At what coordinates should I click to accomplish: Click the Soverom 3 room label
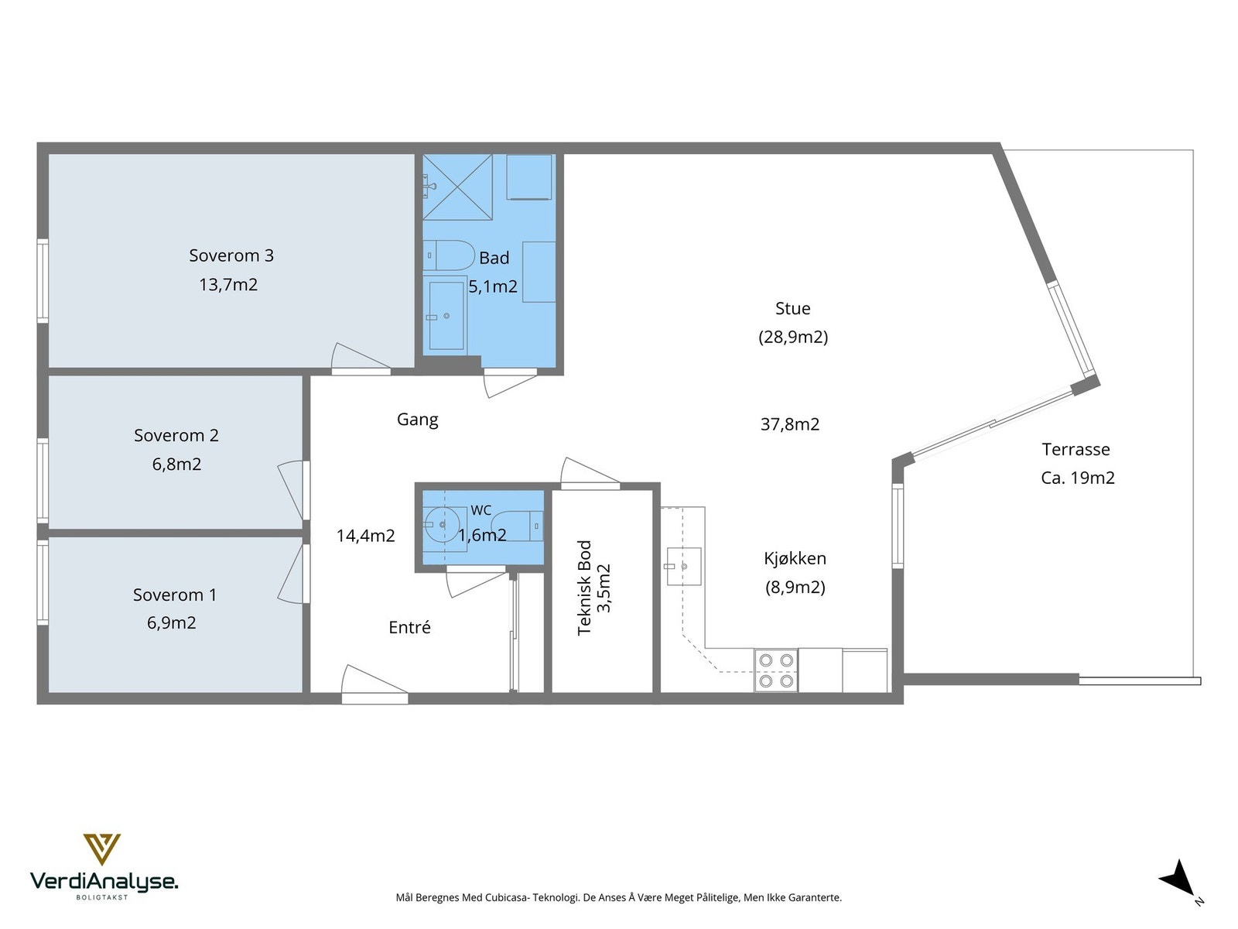(231, 255)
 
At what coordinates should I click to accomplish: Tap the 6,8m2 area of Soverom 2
(176, 464)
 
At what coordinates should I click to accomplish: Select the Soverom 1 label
(175, 595)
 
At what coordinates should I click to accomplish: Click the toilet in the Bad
(449, 255)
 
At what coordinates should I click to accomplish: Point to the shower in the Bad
(457, 187)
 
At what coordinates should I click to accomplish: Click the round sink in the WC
(442, 525)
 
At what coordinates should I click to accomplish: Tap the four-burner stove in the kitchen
(776, 670)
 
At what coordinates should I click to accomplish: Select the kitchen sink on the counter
(683, 567)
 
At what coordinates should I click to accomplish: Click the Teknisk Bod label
(584, 588)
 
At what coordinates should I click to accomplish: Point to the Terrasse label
(1076, 449)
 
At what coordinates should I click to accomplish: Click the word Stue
(792, 308)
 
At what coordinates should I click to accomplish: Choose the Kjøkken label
(795, 558)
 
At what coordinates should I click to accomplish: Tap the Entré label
(409, 626)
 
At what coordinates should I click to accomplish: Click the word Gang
(417, 420)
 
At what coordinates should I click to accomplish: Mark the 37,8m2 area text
(790, 423)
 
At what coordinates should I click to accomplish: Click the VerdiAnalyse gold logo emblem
(102, 849)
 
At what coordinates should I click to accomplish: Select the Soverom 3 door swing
(361, 358)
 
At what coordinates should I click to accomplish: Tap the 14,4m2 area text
(365, 535)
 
